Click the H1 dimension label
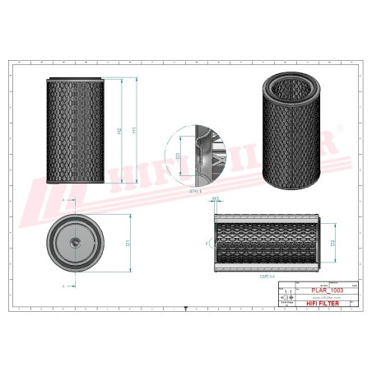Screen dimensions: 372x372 pyautogui.click(x=135, y=129)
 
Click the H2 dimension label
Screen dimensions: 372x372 pyautogui.click(x=120, y=131)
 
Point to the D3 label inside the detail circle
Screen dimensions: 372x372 pyautogui.click(x=179, y=156)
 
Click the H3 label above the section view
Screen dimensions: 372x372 pyautogui.click(x=216, y=200)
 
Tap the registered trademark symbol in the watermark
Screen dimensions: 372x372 pyautogui.click(x=337, y=135)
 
